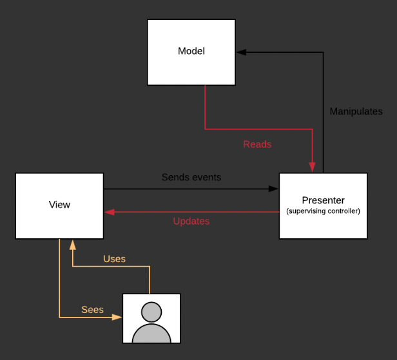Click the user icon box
151,317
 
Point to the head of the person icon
151,312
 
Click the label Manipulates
356,111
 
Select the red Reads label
257,144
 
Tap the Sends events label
191,177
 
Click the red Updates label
191,221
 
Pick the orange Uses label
115,259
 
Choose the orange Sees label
92,310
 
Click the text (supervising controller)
323,211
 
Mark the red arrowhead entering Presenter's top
312,168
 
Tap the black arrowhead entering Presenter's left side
274,189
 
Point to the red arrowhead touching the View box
108,212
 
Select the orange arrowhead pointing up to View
72,244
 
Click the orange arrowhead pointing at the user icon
118,317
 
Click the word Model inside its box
191,51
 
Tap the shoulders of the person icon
151,334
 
